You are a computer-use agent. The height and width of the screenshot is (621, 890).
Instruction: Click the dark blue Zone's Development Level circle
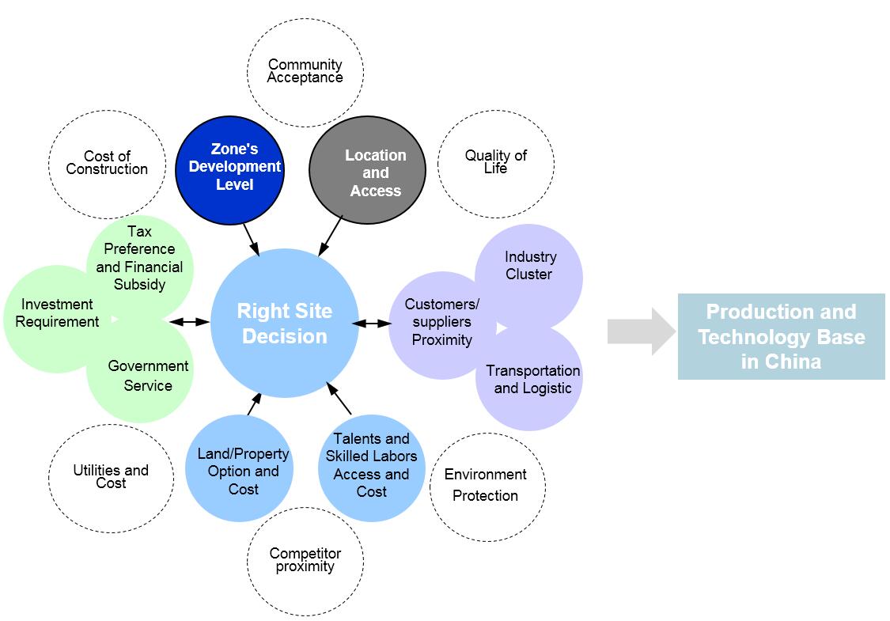click(x=229, y=169)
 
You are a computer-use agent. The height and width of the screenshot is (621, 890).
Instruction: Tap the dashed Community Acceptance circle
click(x=305, y=70)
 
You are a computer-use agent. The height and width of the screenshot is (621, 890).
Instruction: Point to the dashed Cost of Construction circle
click(x=107, y=163)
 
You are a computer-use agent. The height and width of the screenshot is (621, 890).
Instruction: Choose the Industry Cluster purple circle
click(x=529, y=266)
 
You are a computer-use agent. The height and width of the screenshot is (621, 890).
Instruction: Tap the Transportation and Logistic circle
click(x=532, y=380)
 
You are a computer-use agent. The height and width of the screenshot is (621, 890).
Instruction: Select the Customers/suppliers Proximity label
click(x=442, y=322)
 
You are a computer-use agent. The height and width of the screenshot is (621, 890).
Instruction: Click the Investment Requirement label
click(x=57, y=313)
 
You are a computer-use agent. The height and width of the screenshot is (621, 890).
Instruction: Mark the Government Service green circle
click(x=148, y=376)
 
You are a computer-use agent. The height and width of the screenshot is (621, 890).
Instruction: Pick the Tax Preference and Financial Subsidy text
click(x=139, y=258)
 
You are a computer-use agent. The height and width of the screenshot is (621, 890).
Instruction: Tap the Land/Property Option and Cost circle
click(x=243, y=471)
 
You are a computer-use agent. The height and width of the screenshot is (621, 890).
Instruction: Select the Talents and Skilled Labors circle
click(x=371, y=465)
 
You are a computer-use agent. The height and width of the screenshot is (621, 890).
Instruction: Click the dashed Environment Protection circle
click(x=486, y=485)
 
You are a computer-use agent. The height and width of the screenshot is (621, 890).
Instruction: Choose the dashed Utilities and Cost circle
click(x=111, y=476)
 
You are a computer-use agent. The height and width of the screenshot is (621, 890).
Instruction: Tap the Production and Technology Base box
click(x=781, y=336)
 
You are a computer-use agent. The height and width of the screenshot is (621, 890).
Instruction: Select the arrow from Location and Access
click(x=331, y=236)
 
